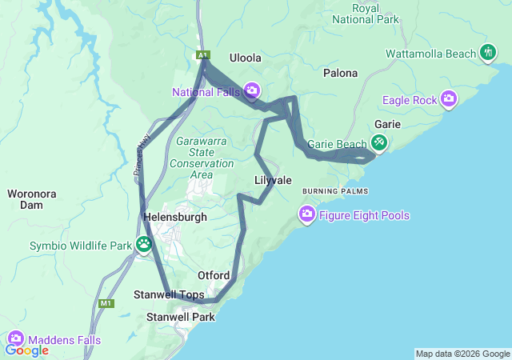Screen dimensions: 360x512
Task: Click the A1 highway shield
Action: (204, 54)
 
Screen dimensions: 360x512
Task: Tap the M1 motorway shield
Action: (106, 303)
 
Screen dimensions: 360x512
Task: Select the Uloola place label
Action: (246, 58)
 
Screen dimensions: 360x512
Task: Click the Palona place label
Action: (340, 73)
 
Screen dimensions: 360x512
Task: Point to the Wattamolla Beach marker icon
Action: (488, 53)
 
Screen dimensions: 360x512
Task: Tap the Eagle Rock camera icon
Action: (449, 99)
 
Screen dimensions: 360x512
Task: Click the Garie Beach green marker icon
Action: (378, 144)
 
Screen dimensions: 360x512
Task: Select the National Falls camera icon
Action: (252, 91)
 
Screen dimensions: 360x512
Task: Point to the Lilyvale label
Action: (273, 180)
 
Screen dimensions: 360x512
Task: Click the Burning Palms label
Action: (334, 192)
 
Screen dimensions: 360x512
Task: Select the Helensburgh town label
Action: (174, 217)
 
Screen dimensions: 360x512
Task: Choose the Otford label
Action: (214, 275)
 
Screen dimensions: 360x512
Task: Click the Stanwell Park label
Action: (181, 317)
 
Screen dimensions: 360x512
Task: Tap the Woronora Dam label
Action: (30, 199)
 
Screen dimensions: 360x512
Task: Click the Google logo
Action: (27, 350)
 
